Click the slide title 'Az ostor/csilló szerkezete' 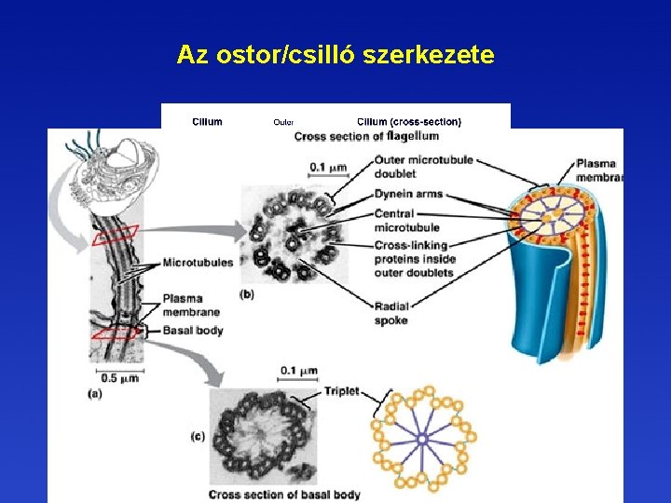(335, 56)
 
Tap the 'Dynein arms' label (408, 195)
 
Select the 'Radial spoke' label (390, 313)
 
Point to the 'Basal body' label (192, 330)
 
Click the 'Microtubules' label (198, 263)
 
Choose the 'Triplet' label (341, 391)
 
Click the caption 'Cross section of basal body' (284, 494)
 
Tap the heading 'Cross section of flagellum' (367, 137)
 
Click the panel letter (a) (95, 394)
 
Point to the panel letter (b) (247, 294)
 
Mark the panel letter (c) (199, 436)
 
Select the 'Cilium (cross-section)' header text (408, 121)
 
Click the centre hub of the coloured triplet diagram (422, 435)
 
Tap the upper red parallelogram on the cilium (116, 234)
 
